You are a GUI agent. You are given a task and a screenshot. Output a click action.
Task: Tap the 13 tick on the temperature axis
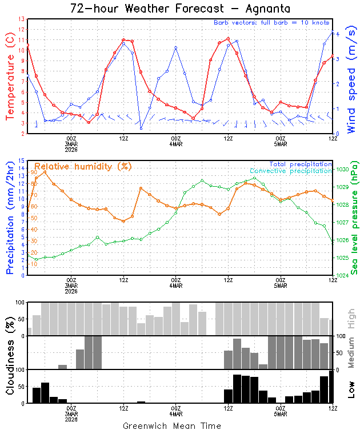click(22, 19)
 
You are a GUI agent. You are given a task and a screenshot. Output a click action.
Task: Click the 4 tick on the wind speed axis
click(338, 34)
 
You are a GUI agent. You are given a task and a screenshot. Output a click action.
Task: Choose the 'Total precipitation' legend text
click(302, 164)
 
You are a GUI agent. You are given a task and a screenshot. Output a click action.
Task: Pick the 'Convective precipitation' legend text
click(290, 171)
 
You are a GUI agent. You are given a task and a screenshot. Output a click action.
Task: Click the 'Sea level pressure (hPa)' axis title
click(354, 217)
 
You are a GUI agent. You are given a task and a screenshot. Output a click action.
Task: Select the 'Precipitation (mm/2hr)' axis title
click(10, 218)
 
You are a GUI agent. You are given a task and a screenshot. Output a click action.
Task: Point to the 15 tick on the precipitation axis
click(22, 161)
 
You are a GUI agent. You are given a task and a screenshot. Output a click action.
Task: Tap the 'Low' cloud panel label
click(351, 389)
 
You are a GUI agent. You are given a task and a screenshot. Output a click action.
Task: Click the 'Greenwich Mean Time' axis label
click(172, 426)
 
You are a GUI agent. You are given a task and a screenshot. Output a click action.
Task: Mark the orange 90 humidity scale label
click(34, 172)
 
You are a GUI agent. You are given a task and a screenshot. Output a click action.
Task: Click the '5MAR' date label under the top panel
click(280, 143)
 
